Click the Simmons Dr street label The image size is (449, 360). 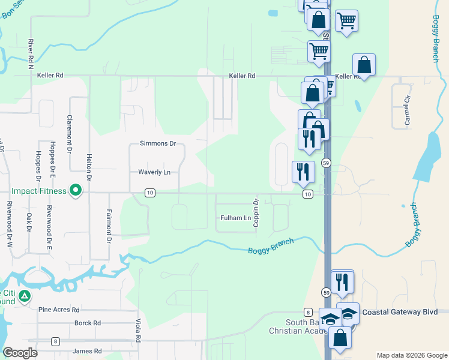[157, 144]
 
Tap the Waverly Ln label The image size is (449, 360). [154, 172]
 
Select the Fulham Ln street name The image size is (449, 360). [235, 218]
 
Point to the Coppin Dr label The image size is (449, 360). [256, 213]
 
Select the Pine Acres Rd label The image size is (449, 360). [59, 310]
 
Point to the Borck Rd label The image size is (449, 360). [88, 323]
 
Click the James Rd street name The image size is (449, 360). [87, 352]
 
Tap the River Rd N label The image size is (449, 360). [29, 55]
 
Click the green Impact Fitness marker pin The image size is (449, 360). [75, 191]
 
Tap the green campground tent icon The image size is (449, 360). [24, 296]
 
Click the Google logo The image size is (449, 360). [20, 353]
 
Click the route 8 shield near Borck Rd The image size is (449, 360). [55, 341]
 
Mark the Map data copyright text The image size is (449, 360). [411, 355]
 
